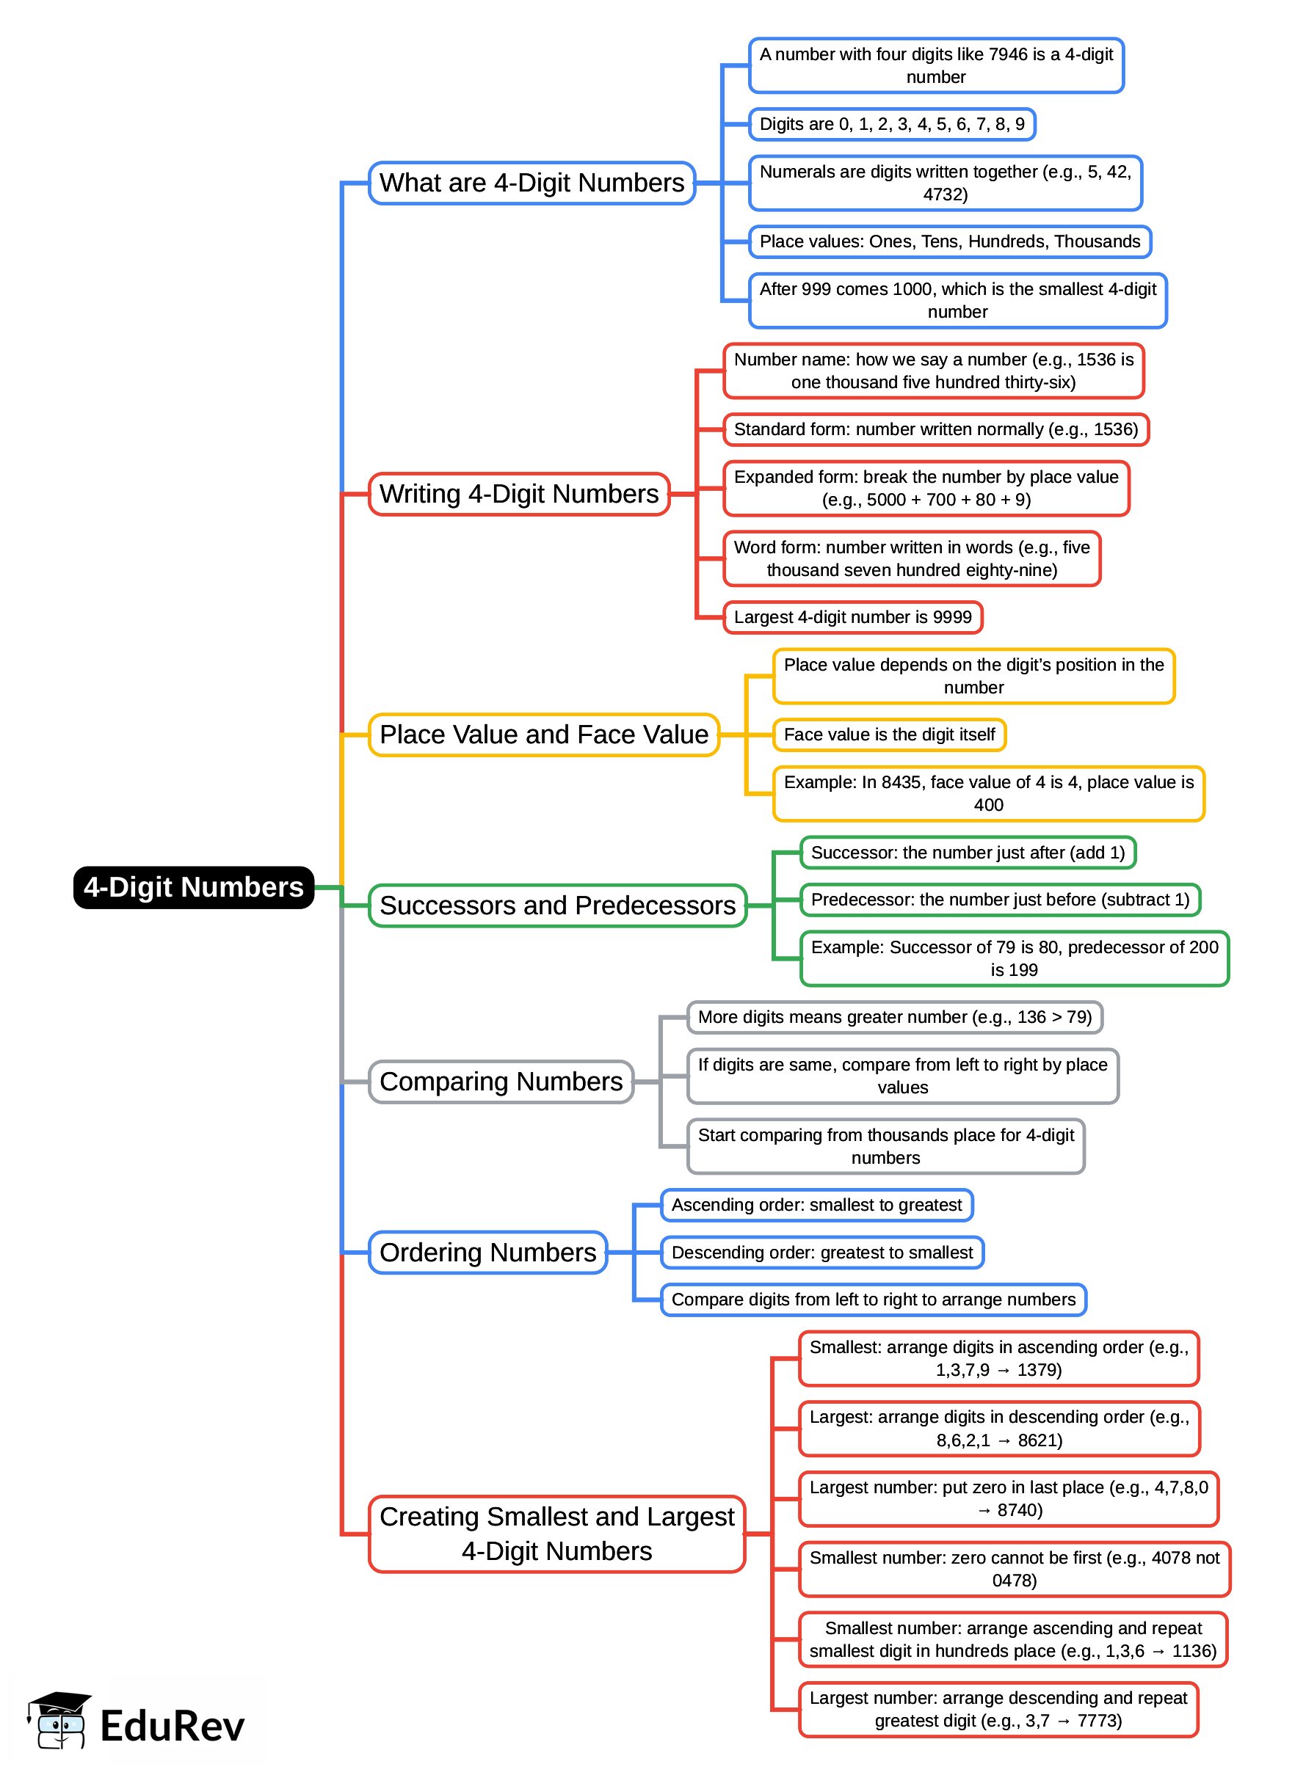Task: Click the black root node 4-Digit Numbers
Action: [x=194, y=888]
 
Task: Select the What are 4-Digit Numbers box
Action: [x=532, y=183]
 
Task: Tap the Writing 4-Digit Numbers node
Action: [x=518, y=494]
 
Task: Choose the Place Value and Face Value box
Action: [x=544, y=735]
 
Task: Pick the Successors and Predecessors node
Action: [x=557, y=905]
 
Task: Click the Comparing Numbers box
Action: [x=501, y=1082]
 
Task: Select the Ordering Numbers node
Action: [x=487, y=1253]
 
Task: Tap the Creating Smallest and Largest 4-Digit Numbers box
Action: [x=556, y=1534]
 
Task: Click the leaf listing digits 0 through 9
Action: [x=892, y=124]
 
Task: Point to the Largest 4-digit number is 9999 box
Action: [x=852, y=617]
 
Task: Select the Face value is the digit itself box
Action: [x=889, y=735]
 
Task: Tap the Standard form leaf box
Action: [x=935, y=429]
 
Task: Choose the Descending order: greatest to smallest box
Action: [x=822, y=1253]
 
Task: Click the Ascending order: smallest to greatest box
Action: [x=816, y=1205]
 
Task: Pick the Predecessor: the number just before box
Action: [x=1000, y=900]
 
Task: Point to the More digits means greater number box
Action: [x=894, y=1017]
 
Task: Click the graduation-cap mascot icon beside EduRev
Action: [x=58, y=1721]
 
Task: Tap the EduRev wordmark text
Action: [x=173, y=1726]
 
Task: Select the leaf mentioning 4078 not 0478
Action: [x=1015, y=1569]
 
